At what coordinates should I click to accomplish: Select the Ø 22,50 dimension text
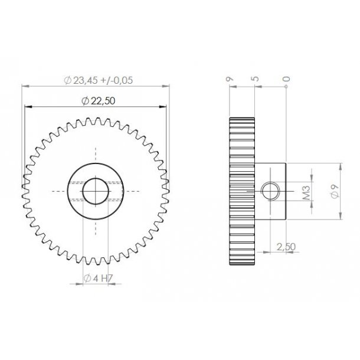[96, 101]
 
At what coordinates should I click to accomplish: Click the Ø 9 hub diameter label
[334, 191]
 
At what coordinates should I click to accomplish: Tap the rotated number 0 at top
[286, 78]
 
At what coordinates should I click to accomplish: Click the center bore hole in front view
[95, 191]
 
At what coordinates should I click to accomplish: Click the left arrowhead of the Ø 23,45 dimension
[23, 87]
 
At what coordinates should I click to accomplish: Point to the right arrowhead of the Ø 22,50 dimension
[165, 107]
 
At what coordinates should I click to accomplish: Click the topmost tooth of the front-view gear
[95, 121]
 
